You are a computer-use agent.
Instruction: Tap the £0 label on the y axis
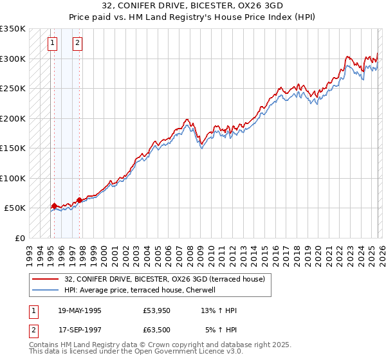pos(19,238)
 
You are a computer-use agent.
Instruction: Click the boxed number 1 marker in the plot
pos(52,44)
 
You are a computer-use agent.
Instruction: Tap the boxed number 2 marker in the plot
pos(77,44)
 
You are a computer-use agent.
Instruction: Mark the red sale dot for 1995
pos(54,206)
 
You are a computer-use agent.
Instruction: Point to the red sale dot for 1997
pos(79,200)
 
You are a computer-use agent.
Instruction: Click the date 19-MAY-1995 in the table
pos(79,310)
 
